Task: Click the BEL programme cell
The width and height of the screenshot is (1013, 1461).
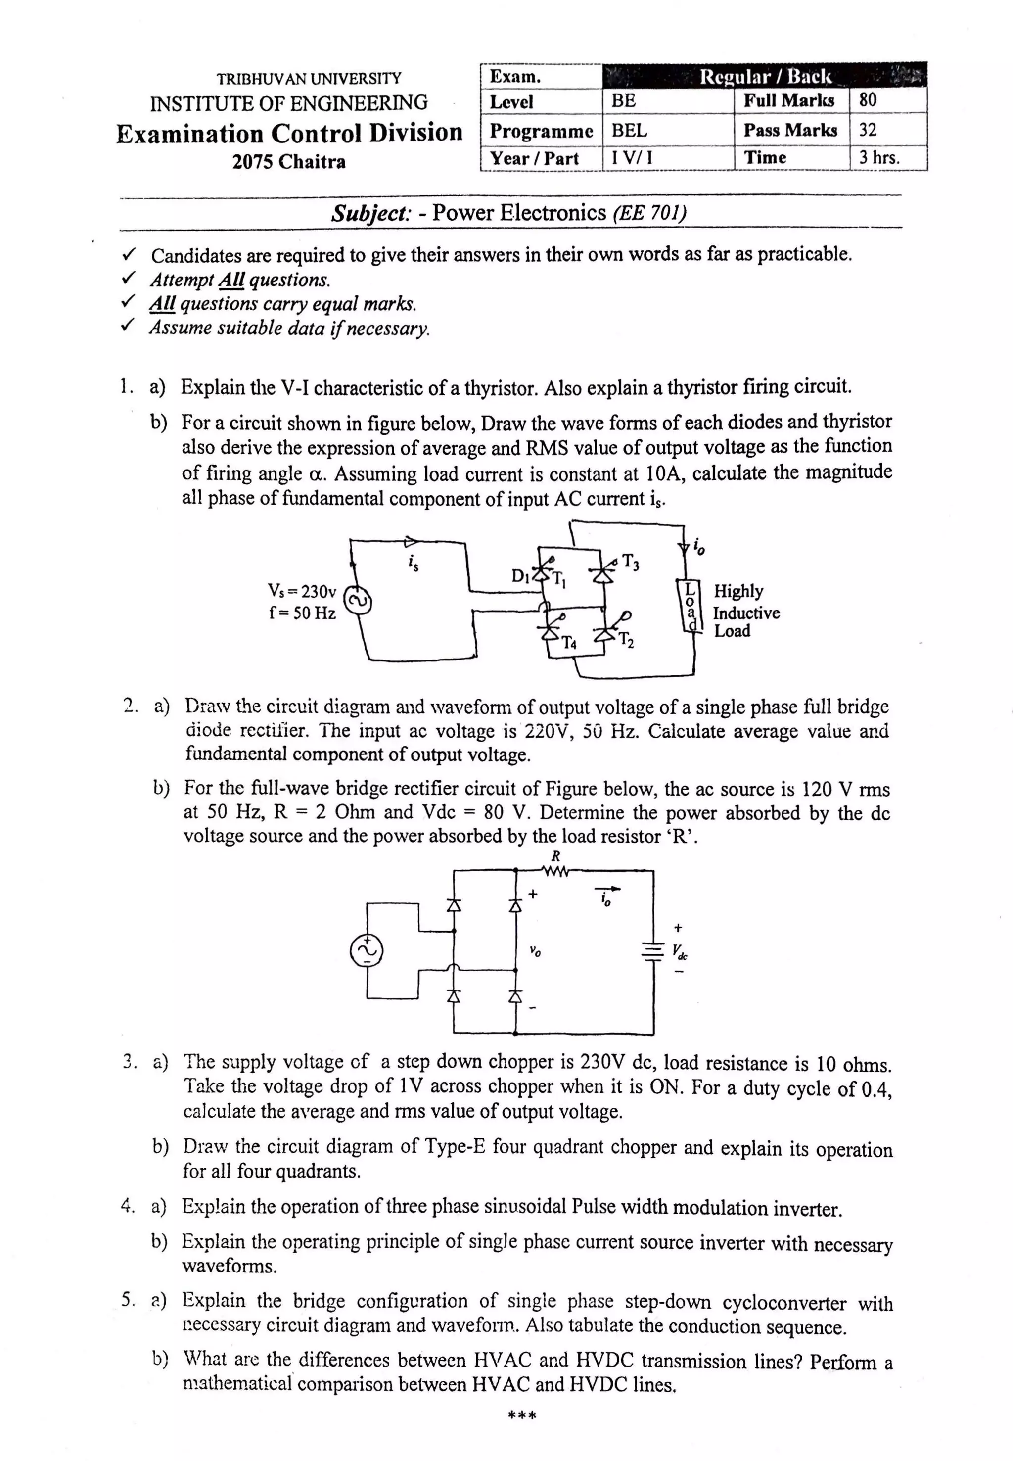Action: tap(629, 130)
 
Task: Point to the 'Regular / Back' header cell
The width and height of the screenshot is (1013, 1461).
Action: tap(764, 77)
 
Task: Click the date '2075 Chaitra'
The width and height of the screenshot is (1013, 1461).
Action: tap(289, 162)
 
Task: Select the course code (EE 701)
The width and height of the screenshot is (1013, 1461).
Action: tap(649, 212)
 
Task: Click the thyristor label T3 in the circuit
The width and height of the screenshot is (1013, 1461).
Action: tap(630, 562)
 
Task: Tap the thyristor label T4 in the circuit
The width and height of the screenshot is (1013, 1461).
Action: tap(569, 643)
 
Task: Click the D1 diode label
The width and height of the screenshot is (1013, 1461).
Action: tap(520, 576)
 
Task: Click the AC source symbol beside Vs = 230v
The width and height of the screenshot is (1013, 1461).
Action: tap(357, 601)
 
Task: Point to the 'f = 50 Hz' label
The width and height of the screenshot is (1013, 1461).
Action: tap(302, 613)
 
